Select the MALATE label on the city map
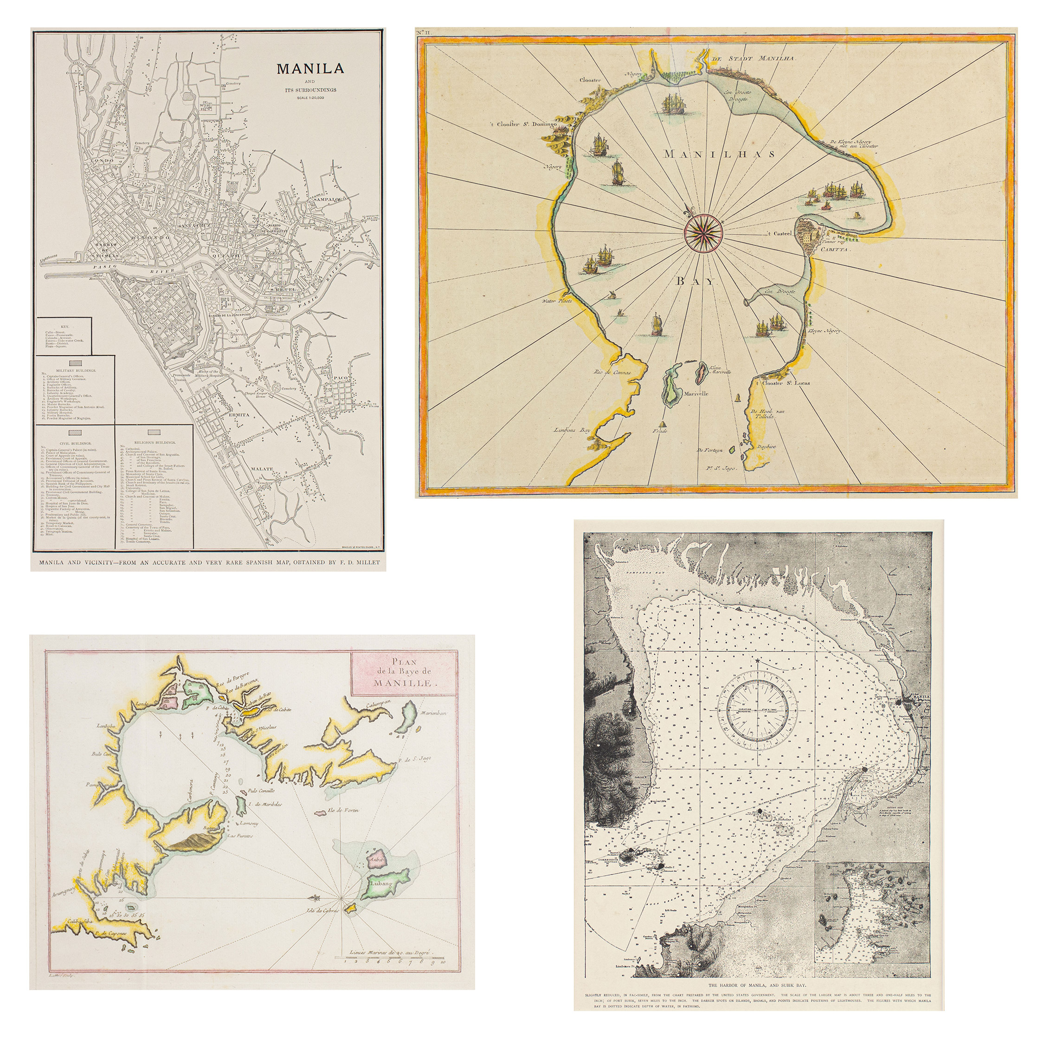[x=262, y=469]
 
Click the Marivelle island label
[x=696, y=393]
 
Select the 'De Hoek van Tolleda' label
[x=762, y=413]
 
